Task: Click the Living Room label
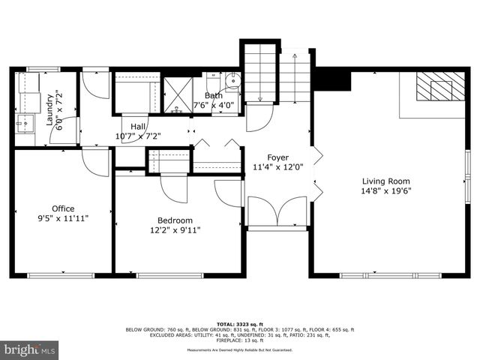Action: [x=386, y=181]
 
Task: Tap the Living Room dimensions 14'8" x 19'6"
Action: [x=386, y=190]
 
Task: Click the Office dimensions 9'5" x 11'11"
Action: [x=63, y=218]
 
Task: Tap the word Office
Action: [x=63, y=208]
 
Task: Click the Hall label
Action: [x=139, y=127]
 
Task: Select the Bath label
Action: [x=213, y=96]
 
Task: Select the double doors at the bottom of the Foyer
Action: [x=277, y=212]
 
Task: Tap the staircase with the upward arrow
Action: [x=295, y=78]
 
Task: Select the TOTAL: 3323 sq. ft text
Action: [x=240, y=322]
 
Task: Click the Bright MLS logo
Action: [x=30, y=349]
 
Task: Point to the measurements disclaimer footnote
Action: [x=240, y=350]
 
